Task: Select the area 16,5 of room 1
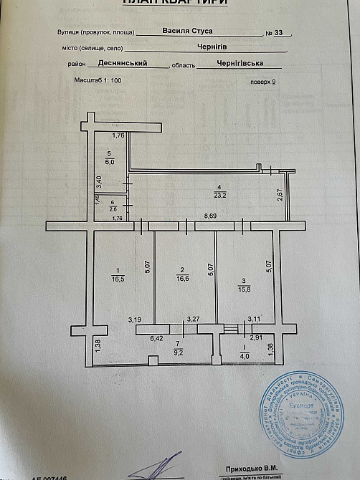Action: point(116,279)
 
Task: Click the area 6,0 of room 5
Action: point(110,162)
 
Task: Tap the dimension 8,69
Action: point(211,216)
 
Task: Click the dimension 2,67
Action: point(280,193)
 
